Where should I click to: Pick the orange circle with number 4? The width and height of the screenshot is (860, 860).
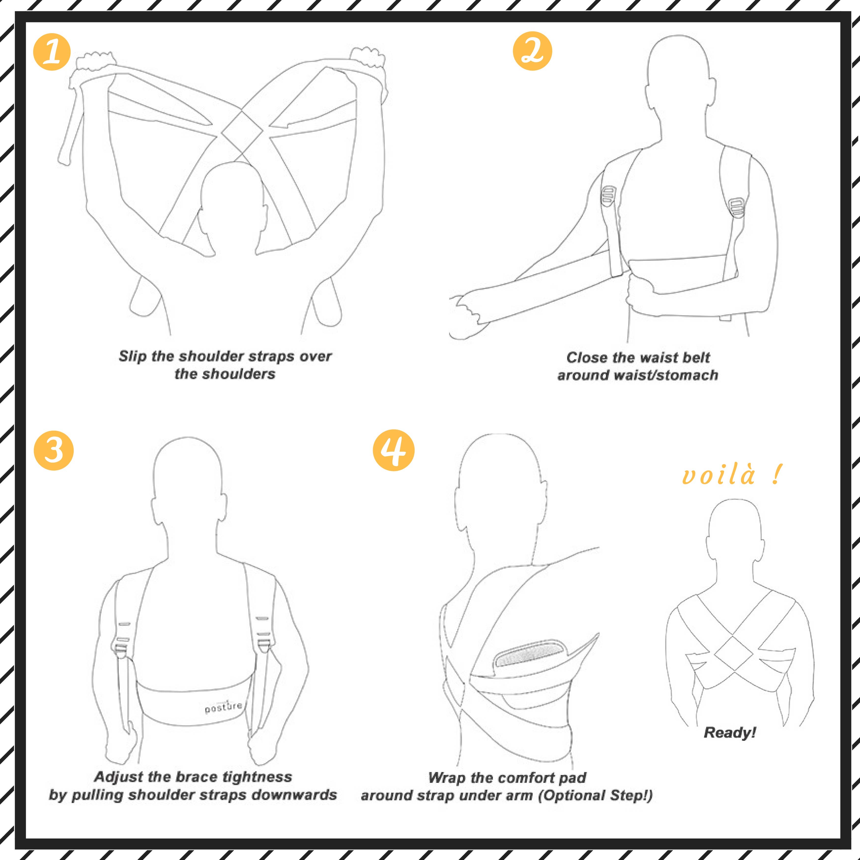point(393,450)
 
